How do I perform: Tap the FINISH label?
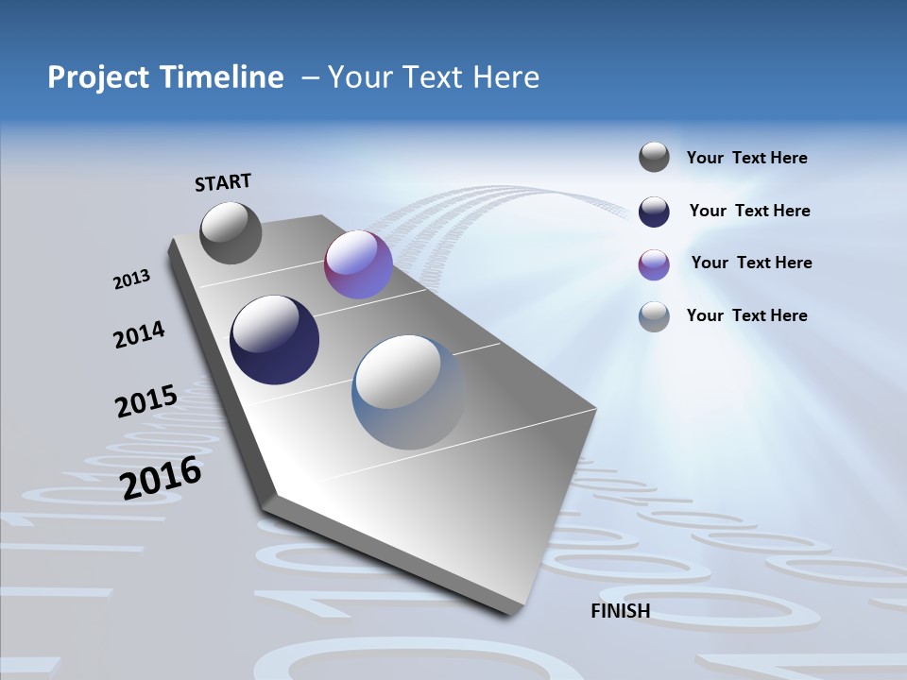[x=620, y=611]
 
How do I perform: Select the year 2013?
[x=131, y=279]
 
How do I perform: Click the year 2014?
[x=139, y=335]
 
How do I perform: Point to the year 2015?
[x=145, y=401]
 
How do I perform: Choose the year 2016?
[x=161, y=478]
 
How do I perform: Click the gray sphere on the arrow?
[x=231, y=232]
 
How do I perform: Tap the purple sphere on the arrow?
[x=358, y=264]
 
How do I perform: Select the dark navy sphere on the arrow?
[x=274, y=340]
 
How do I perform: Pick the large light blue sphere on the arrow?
[x=408, y=392]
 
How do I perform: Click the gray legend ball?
[x=654, y=158]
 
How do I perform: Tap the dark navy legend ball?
[x=654, y=212]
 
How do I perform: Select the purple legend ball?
[x=654, y=264]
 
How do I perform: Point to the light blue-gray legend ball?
[x=654, y=316]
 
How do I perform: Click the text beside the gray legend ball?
[x=746, y=158]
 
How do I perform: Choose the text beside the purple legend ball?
[x=751, y=263]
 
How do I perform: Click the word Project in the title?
[x=97, y=77]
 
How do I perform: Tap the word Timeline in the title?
[x=224, y=77]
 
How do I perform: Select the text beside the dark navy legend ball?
[x=749, y=211]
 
